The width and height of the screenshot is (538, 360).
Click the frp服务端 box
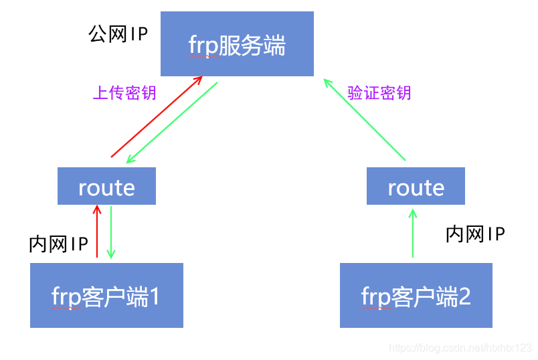pyautogui.click(x=237, y=43)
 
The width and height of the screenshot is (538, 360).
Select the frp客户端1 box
pyautogui.click(x=106, y=295)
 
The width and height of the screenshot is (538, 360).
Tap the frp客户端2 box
pyautogui.click(x=416, y=295)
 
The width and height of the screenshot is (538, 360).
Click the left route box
pyautogui.click(x=106, y=186)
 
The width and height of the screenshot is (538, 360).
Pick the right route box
pyautogui.click(x=416, y=186)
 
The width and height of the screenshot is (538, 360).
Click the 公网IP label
pyautogui.click(x=118, y=35)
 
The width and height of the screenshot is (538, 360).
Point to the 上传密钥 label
pyautogui.click(x=124, y=92)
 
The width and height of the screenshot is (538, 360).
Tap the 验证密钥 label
pyautogui.click(x=379, y=92)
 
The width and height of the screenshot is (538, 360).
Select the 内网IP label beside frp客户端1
pyautogui.click(x=59, y=244)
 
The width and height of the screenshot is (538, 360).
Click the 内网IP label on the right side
pyautogui.click(x=475, y=234)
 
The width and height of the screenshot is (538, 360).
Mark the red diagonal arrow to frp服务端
pyautogui.click(x=156, y=117)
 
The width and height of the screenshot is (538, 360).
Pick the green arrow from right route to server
pyautogui.click(x=365, y=119)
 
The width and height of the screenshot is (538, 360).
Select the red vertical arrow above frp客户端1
pyautogui.click(x=97, y=232)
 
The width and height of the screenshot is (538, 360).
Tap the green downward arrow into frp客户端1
pyautogui.click(x=111, y=232)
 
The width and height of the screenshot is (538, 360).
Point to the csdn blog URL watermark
pyautogui.click(x=460, y=348)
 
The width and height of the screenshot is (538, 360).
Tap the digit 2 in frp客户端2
pyautogui.click(x=464, y=296)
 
